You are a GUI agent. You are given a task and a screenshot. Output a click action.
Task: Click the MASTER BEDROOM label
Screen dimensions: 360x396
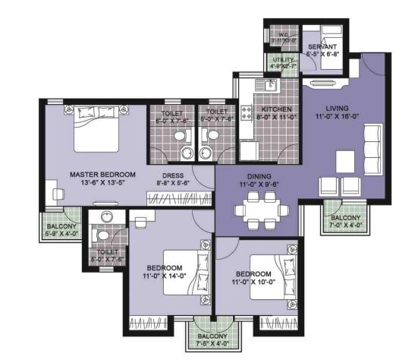(x=86, y=173)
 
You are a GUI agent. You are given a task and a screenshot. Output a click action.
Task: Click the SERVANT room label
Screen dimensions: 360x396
(x=322, y=47)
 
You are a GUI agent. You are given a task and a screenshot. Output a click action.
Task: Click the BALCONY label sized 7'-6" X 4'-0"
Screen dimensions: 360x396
(x=212, y=336)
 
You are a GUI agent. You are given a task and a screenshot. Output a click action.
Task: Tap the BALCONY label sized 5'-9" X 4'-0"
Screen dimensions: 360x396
(x=59, y=226)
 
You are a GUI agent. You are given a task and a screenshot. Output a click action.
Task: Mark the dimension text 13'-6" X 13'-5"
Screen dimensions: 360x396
(x=86, y=182)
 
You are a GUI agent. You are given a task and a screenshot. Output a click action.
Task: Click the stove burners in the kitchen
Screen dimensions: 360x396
(x=246, y=114)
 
